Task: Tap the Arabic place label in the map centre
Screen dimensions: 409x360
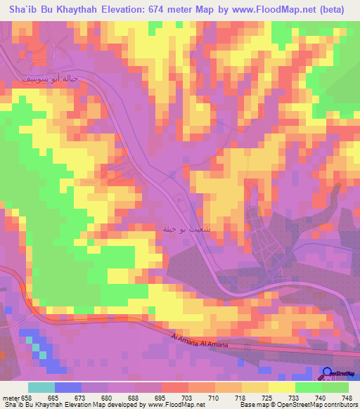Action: [183, 230]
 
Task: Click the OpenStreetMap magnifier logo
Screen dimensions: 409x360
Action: [328, 373]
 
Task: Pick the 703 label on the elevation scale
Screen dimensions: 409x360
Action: [188, 398]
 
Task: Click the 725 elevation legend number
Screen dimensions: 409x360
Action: [269, 398]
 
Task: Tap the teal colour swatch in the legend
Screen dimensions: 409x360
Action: [41, 387]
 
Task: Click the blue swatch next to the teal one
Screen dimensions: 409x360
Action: [68, 387]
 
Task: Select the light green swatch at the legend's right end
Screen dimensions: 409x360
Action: [335, 387]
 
